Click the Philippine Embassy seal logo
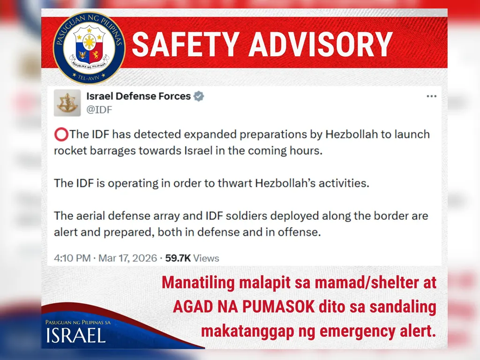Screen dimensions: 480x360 (89, 47)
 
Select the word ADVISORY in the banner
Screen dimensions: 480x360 (321, 44)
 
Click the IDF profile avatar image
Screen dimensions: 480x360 (67, 103)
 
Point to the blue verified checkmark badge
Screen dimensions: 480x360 (199, 96)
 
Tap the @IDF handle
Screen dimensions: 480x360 (99, 110)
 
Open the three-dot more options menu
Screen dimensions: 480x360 (431, 96)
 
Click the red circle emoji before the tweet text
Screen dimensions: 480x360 (61, 135)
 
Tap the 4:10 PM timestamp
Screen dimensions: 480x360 (72, 258)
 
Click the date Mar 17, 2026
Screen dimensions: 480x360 (127, 258)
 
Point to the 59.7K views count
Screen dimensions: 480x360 (178, 258)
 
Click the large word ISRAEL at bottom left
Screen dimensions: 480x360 (76, 335)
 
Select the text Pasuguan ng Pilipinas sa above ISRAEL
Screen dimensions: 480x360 (78, 322)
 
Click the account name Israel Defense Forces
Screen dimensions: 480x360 (138, 96)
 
